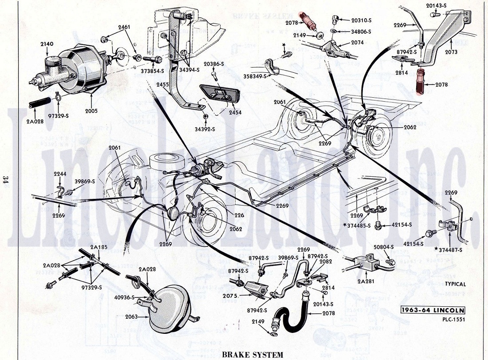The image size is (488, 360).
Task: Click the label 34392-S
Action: [205, 129]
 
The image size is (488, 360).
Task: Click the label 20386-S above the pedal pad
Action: [214, 64]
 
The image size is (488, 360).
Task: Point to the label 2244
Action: [60, 174]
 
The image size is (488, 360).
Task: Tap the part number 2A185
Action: [98, 247]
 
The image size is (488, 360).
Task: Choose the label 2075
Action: [233, 296]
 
